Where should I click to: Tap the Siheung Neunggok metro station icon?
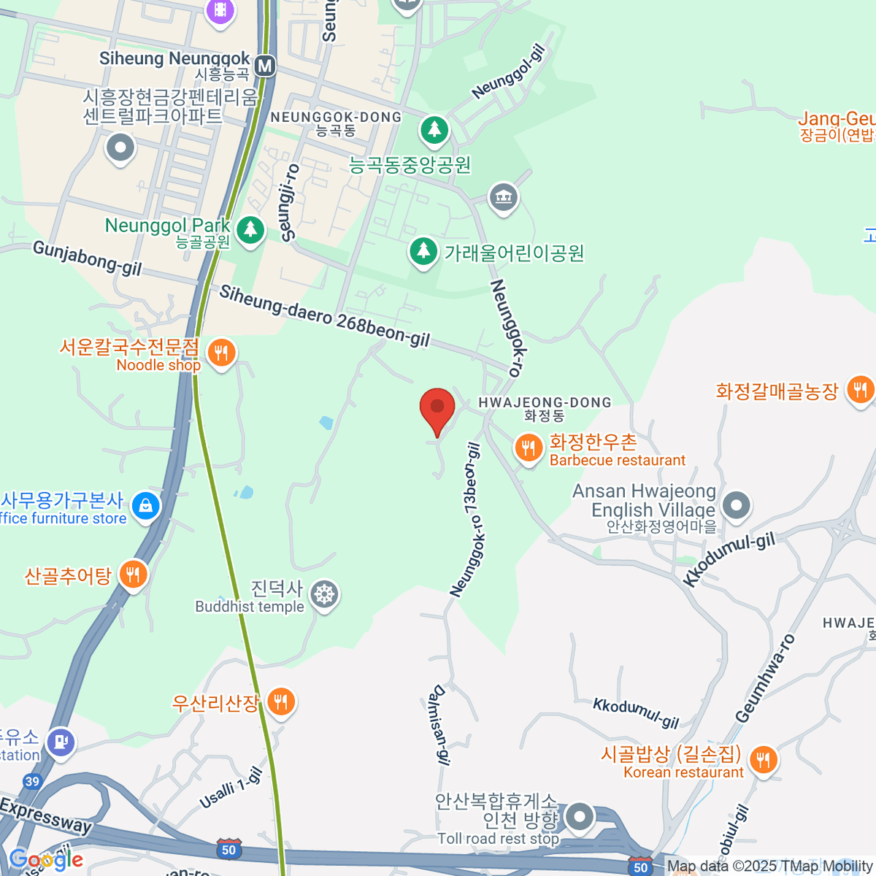(x=265, y=66)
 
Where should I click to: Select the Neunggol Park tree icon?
(x=250, y=230)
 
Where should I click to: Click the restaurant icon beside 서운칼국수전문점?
(x=220, y=354)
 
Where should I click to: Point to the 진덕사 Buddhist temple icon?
(x=323, y=595)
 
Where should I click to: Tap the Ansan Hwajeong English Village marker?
(x=736, y=505)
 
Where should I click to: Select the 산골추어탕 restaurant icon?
(x=132, y=575)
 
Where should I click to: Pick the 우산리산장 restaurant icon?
(x=280, y=702)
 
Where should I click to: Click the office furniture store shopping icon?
(x=145, y=506)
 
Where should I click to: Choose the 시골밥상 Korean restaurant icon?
(x=763, y=760)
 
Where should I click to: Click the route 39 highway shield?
(x=31, y=782)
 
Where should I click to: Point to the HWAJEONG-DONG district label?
(x=545, y=403)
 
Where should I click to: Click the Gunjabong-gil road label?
(x=87, y=259)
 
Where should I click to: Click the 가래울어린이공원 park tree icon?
(x=423, y=252)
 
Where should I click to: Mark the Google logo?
(x=46, y=859)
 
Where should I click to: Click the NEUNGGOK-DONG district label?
(x=336, y=118)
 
